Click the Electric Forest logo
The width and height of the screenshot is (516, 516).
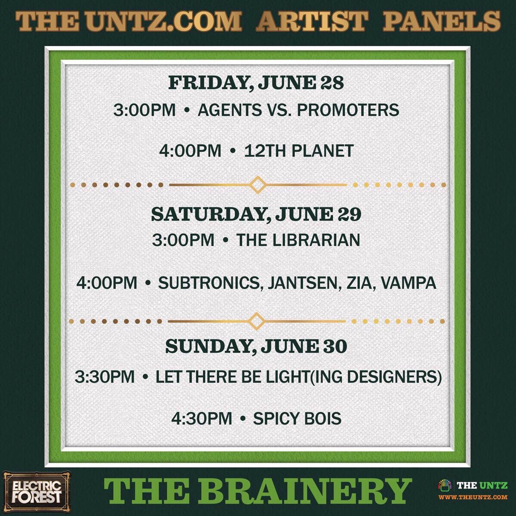36,488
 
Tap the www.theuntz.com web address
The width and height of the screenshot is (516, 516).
473,497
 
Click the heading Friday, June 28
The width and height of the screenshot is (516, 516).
256,83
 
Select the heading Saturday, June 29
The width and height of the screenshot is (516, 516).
256,214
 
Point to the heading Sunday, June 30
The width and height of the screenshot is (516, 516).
256,346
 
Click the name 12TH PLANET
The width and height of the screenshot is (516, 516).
299,150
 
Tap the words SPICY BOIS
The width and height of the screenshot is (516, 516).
297,418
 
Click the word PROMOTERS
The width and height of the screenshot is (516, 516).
348,110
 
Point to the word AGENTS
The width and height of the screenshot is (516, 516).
230,110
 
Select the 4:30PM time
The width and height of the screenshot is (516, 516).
202,418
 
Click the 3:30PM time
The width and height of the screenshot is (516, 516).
104,377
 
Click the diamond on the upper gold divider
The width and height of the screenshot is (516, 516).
258,184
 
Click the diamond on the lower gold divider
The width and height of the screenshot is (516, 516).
257,321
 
